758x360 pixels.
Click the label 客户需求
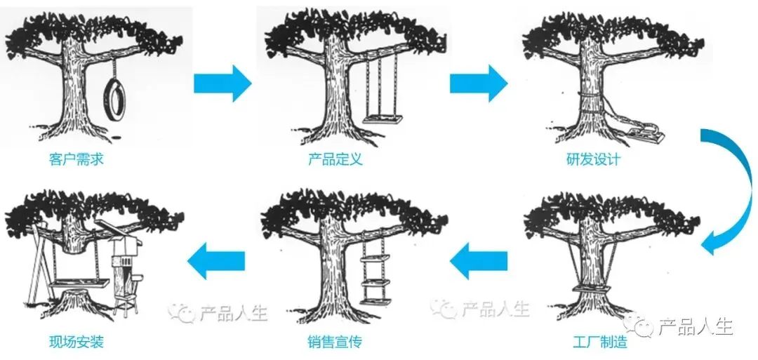[77, 159]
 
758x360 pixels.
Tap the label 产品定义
[335, 159]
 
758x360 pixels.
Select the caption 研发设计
[593, 159]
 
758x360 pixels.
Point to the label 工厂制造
[600, 342]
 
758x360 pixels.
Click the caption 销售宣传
[335, 342]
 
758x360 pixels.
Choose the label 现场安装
[77, 342]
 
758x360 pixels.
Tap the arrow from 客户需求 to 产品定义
[223, 83]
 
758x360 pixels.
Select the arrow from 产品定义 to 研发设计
[479, 83]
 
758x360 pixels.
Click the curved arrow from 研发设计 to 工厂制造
[740, 189]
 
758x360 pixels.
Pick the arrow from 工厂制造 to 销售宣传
[479, 261]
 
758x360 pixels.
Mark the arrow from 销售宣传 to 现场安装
[216, 261]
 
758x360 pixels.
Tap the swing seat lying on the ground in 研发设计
[645, 135]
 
